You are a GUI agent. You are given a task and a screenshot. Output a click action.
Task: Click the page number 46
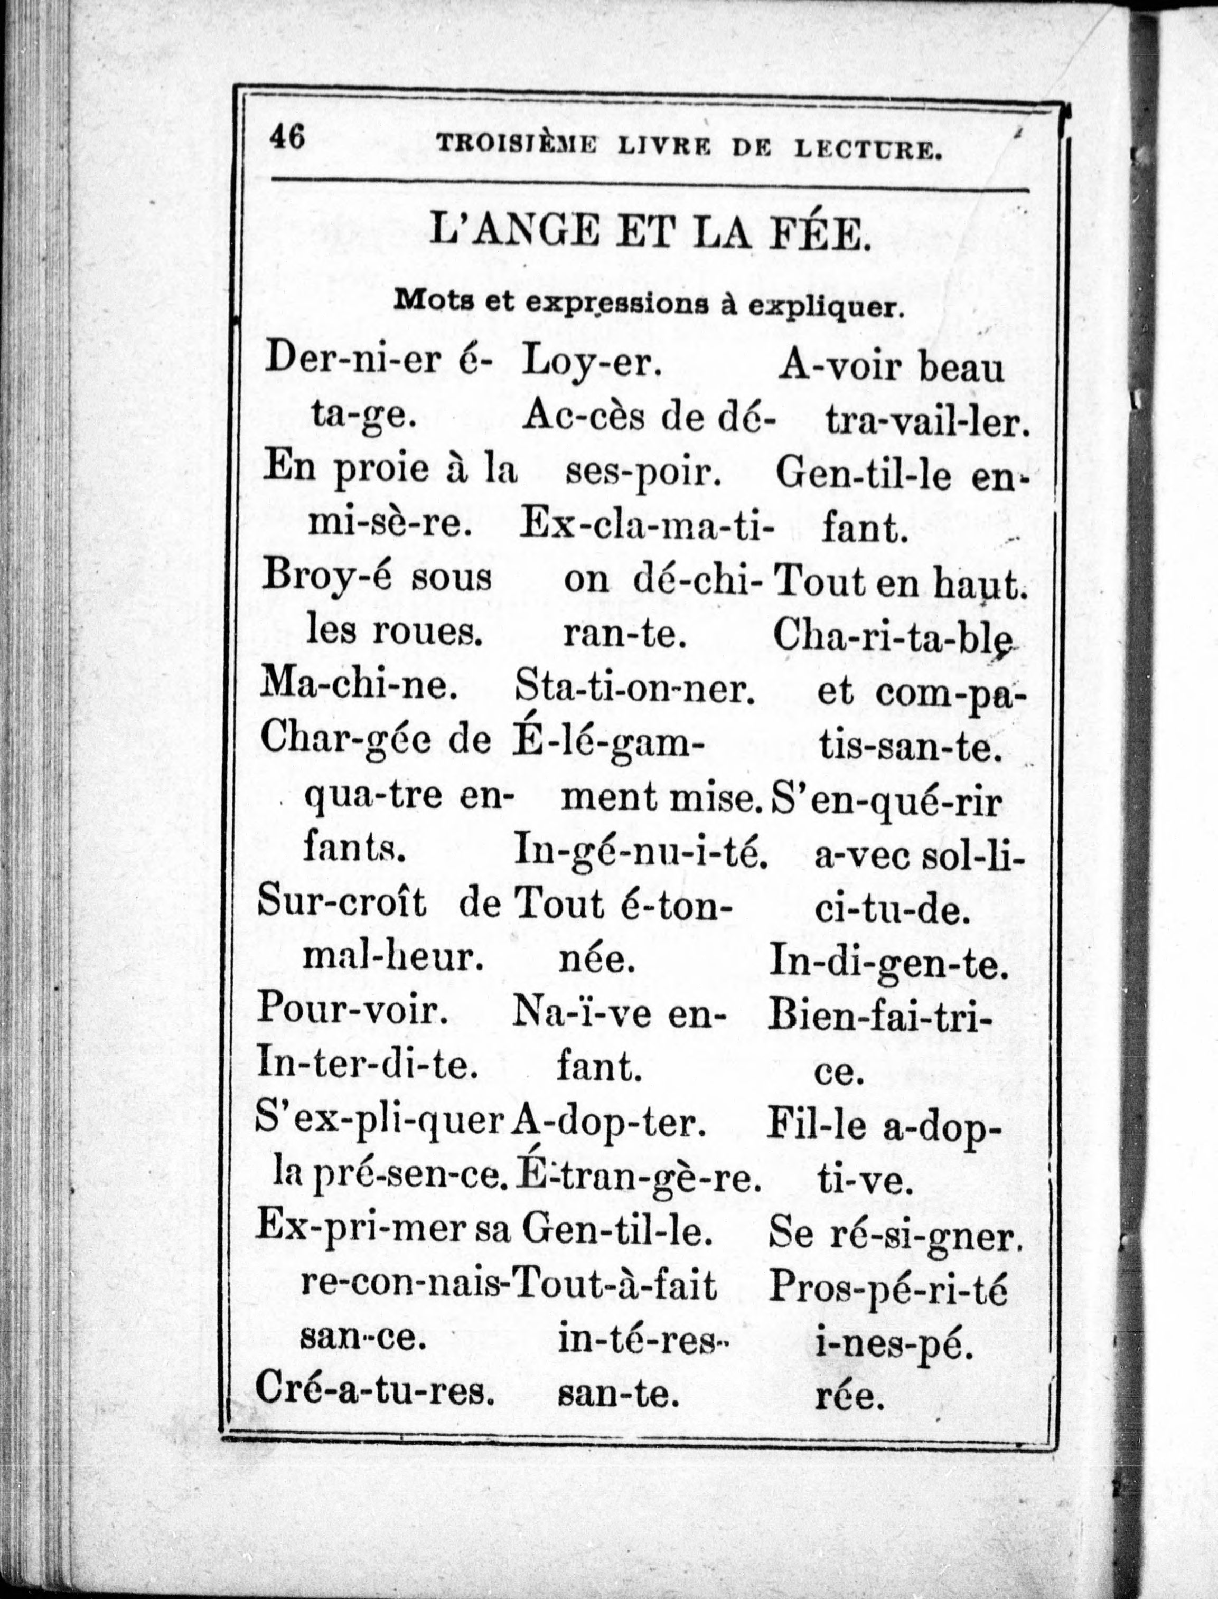click(x=287, y=137)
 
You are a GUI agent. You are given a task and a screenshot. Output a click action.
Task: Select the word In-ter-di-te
click(x=367, y=1066)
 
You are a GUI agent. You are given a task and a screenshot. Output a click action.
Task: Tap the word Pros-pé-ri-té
click(x=887, y=1287)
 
